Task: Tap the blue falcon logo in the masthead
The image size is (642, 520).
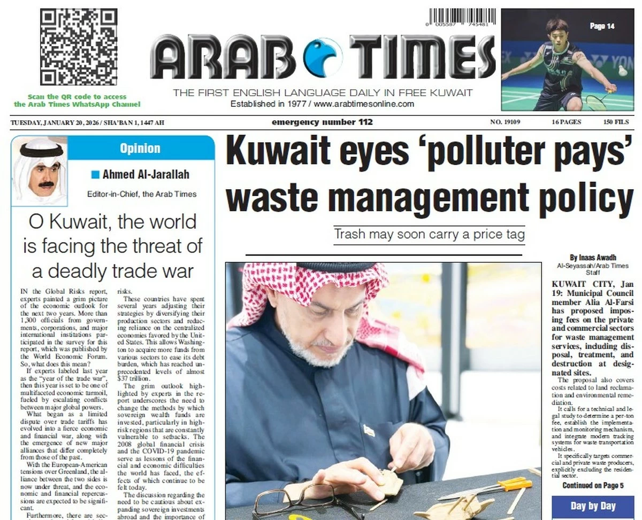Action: point(323,57)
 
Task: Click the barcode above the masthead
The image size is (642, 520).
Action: point(461,18)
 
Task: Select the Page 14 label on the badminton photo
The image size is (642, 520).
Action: point(602,26)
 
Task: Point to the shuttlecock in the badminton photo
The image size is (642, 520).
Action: point(622,70)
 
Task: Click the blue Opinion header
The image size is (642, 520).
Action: point(140,148)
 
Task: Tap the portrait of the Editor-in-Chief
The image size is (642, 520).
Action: point(39,171)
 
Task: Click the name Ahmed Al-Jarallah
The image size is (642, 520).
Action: point(146,174)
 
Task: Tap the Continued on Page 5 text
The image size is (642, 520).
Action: point(593,486)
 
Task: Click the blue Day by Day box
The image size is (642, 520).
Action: point(593,506)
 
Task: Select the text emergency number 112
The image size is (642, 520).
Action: point(322,122)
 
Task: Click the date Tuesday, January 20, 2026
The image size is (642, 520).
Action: point(51,123)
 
